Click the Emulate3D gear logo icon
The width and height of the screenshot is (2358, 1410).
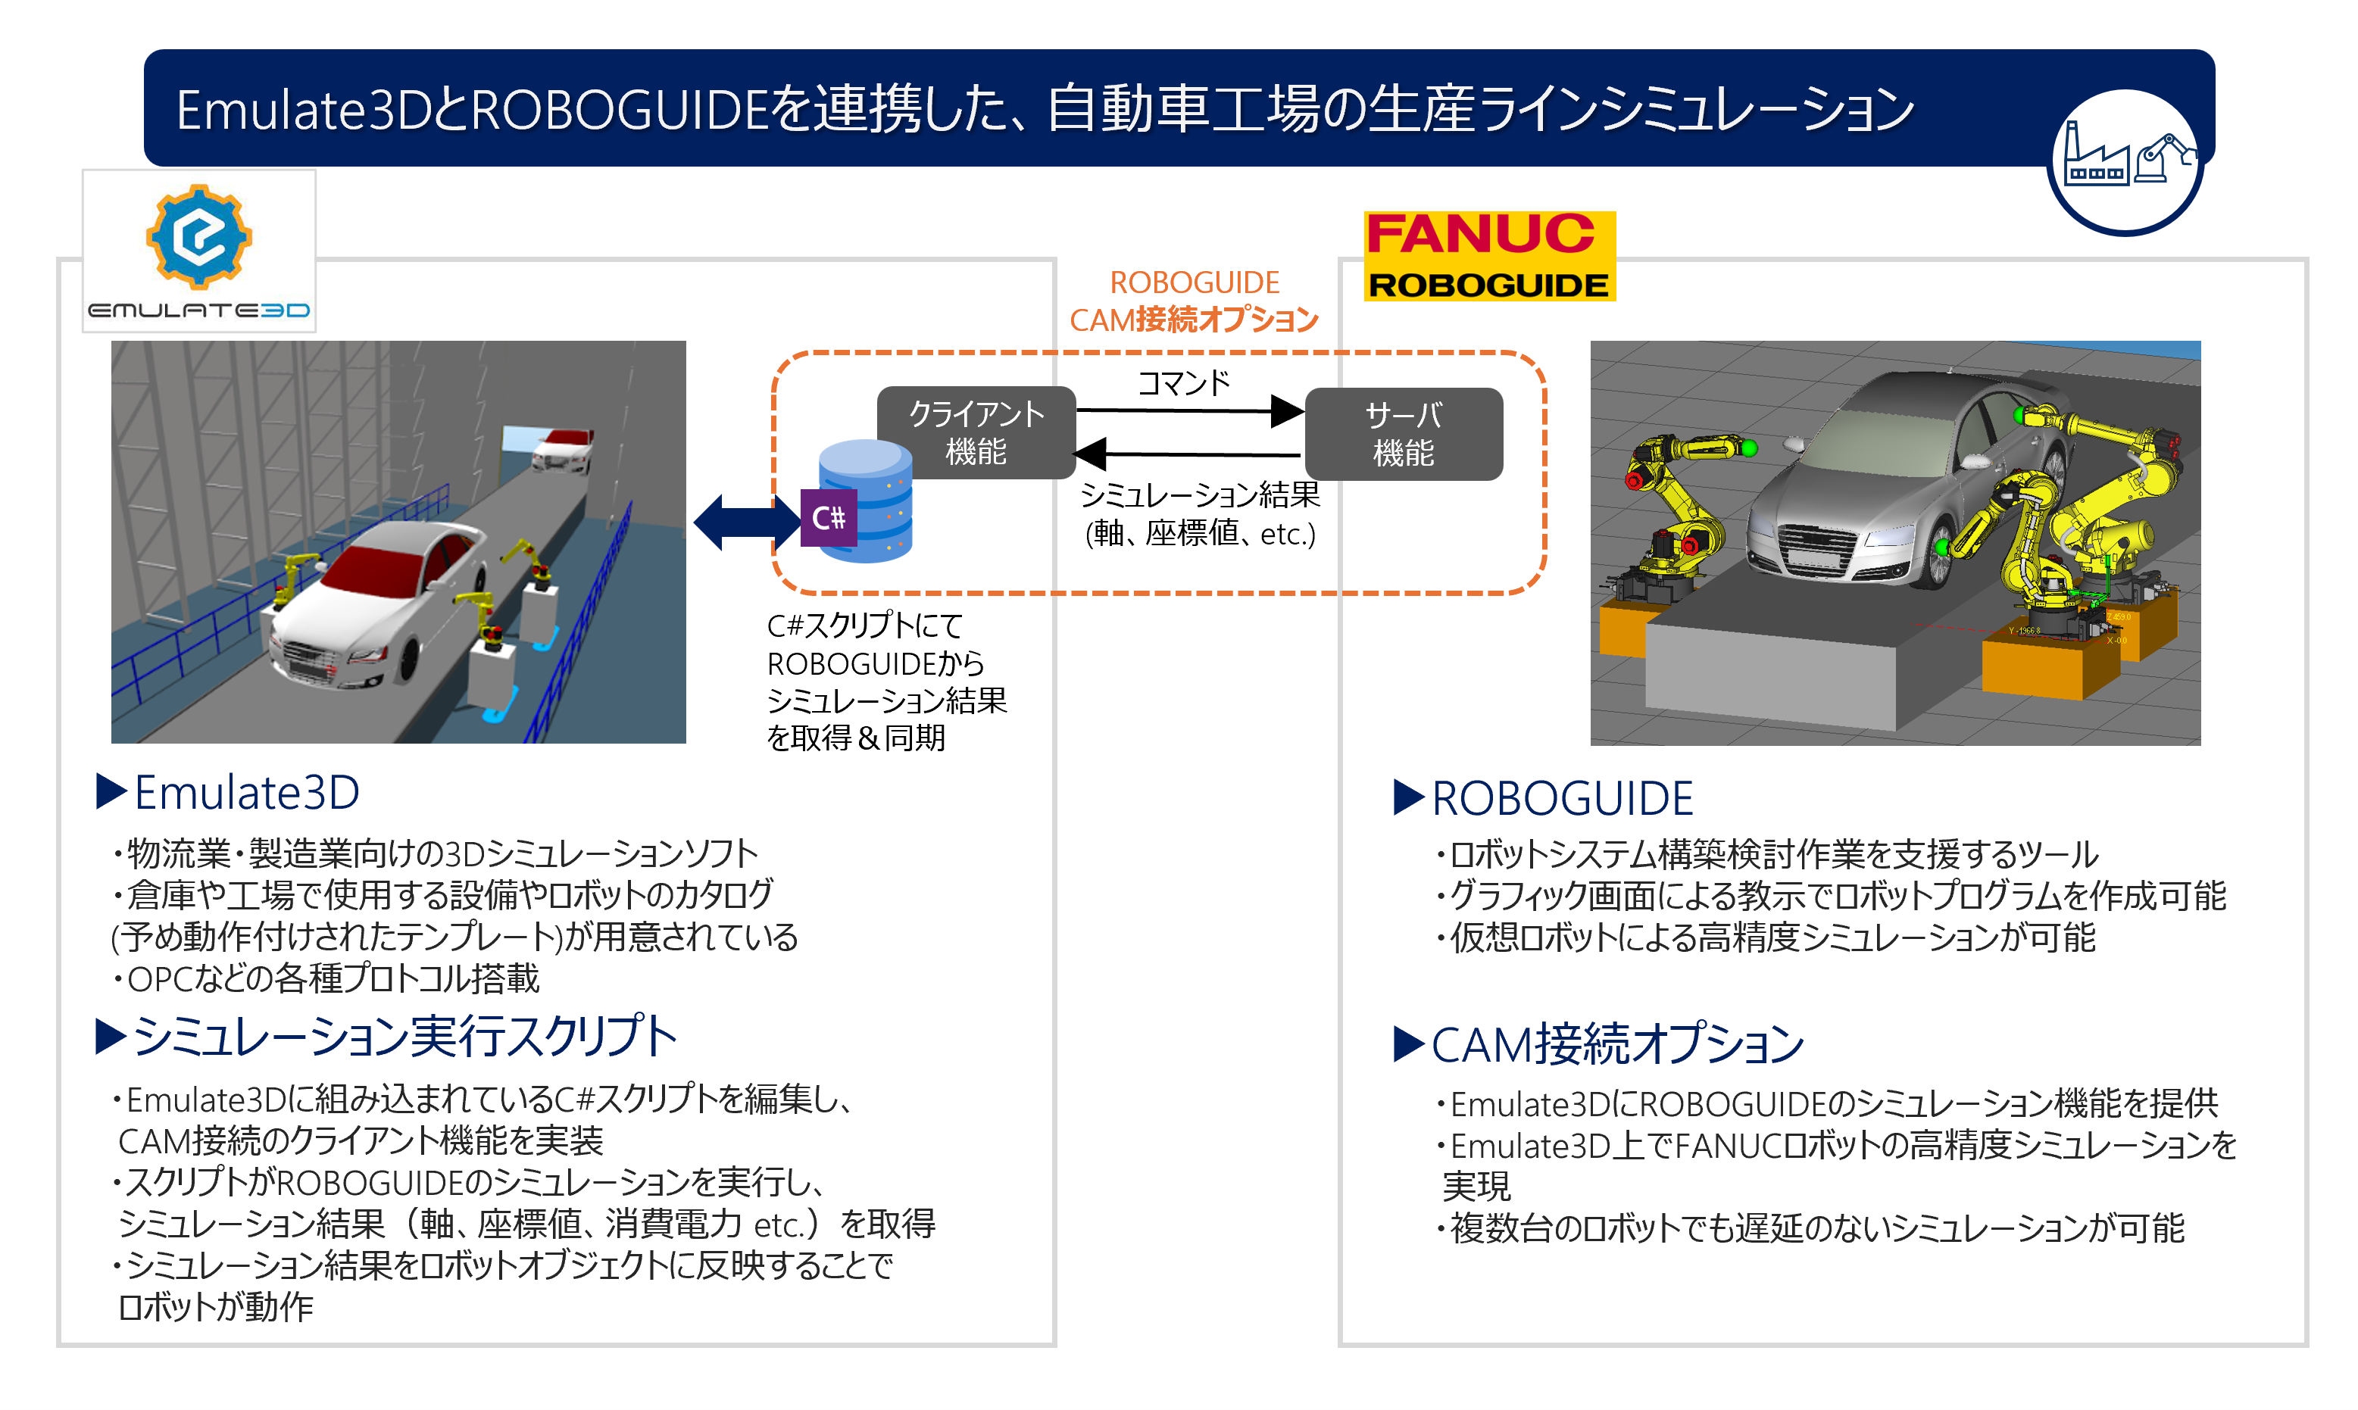pyautogui.click(x=198, y=236)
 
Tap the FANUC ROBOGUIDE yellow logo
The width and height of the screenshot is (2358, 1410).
pyautogui.click(x=1489, y=257)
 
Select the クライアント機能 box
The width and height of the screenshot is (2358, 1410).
pyautogui.click(x=976, y=432)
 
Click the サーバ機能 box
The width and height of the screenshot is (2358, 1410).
pyautogui.click(x=1403, y=434)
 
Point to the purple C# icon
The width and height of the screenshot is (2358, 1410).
pyautogui.click(x=828, y=518)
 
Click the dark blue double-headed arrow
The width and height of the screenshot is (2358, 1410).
pyautogui.click(x=747, y=522)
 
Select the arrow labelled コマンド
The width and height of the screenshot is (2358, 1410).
pyautogui.click(x=1188, y=410)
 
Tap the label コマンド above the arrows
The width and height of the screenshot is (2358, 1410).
pyautogui.click(x=1183, y=383)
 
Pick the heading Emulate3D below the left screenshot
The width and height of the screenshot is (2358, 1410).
pyautogui.click(x=247, y=792)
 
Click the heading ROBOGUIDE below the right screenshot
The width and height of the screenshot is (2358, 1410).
pyautogui.click(x=1562, y=798)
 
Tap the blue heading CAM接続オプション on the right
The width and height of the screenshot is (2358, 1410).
pyautogui.click(x=1616, y=1044)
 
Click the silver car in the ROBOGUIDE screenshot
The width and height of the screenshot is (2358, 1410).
pyautogui.click(x=1891, y=485)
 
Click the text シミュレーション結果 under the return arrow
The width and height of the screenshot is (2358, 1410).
pyautogui.click(x=1199, y=495)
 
